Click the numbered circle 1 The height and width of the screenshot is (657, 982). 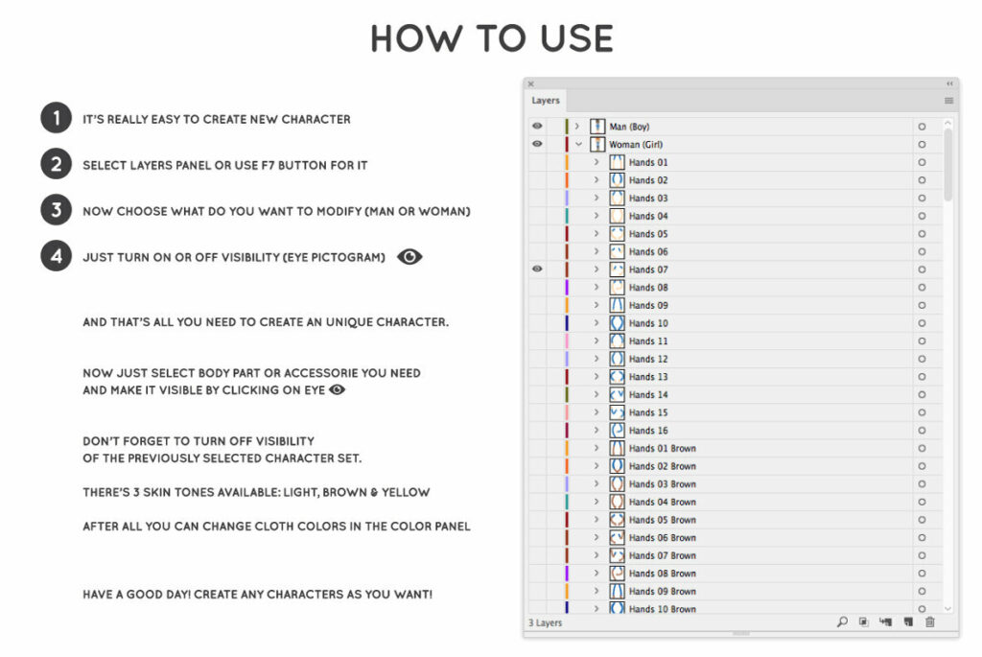click(56, 119)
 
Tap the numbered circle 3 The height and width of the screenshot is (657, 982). click(56, 210)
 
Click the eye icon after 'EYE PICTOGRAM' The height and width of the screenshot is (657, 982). click(409, 257)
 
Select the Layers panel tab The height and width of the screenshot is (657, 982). click(546, 101)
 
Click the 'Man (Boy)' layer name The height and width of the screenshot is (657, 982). click(629, 127)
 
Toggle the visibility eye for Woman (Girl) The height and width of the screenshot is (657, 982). click(537, 144)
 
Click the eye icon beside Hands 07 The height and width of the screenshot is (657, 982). click(537, 270)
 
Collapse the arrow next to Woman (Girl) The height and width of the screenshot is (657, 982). click(578, 144)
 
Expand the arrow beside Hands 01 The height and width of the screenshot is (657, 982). click(596, 162)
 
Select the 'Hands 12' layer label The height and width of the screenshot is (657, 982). click(648, 359)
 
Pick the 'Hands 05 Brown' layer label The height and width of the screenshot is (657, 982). click(662, 520)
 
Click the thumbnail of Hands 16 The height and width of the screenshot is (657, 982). click(618, 431)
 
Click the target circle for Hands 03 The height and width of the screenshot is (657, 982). click(922, 199)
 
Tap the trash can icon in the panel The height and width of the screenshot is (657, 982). click(929, 622)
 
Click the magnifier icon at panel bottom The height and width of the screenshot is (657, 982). click(842, 622)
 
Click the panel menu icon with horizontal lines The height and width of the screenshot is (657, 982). click(948, 101)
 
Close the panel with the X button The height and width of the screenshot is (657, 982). click(530, 84)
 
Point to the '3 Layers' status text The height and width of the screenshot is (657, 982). click(546, 623)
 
